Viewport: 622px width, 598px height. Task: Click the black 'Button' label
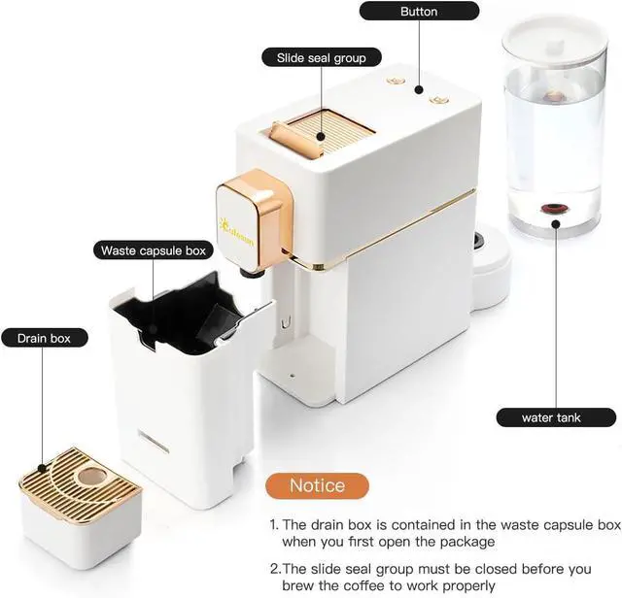419,12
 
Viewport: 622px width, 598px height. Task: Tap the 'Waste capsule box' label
154,250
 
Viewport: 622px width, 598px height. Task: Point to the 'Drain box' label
46,338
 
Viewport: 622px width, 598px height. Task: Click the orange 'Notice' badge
317,485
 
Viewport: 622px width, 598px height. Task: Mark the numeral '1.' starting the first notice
275,524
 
